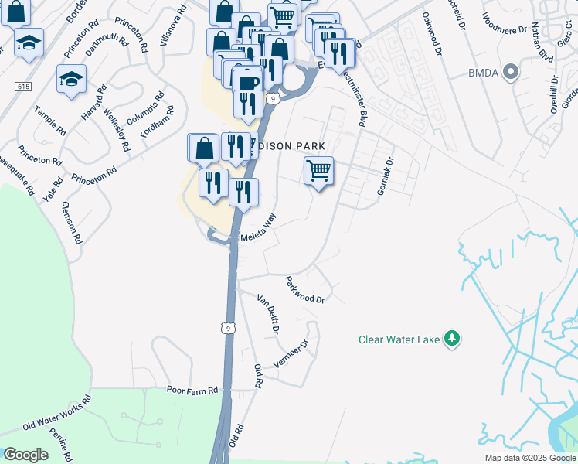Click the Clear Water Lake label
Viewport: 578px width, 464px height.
(399, 339)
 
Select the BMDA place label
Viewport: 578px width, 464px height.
(481, 73)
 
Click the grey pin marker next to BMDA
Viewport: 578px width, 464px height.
(510, 73)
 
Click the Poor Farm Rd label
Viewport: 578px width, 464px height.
(193, 391)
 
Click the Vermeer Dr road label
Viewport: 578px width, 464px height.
(291, 354)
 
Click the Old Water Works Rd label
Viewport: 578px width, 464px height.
(57, 413)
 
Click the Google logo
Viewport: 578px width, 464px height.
(26, 455)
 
